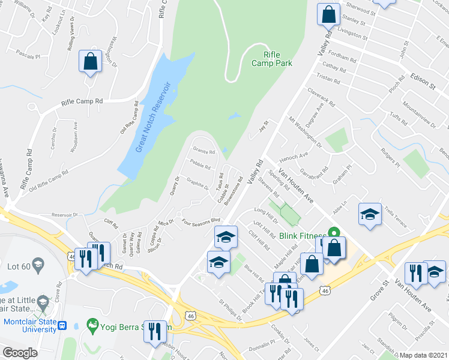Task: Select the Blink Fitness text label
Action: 303,236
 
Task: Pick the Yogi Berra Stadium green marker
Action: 92,326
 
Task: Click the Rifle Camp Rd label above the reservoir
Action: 82,102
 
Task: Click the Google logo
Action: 20,353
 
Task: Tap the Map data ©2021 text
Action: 424,355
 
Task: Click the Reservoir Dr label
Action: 65,214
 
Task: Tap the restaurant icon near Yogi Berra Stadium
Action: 155,331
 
